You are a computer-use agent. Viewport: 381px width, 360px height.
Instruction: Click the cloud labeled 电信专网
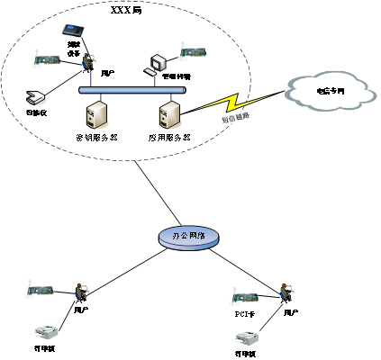[x=330, y=90]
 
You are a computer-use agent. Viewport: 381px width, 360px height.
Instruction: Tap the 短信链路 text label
[x=235, y=118]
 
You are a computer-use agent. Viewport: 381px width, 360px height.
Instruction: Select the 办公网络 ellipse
[x=188, y=236]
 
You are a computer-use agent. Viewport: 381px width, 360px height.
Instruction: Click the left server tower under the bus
[x=96, y=114]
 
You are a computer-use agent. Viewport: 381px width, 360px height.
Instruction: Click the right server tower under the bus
[x=170, y=114]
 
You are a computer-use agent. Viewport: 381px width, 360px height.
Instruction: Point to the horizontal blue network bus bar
[x=132, y=90]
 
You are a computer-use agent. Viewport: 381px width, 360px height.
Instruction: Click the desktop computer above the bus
[x=158, y=65]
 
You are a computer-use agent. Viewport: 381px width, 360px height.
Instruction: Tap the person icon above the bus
[x=89, y=61]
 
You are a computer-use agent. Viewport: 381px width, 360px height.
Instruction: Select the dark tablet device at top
[x=73, y=31]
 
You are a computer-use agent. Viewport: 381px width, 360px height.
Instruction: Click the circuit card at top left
[x=47, y=59]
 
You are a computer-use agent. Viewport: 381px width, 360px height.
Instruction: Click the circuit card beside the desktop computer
[x=193, y=51]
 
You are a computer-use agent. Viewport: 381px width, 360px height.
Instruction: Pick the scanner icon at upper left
[x=36, y=97]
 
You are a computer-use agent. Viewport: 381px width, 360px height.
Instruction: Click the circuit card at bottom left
[x=40, y=289]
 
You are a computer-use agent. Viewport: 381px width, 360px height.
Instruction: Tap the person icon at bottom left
[x=83, y=292]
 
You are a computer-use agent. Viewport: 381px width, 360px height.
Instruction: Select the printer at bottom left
[x=45, y=332]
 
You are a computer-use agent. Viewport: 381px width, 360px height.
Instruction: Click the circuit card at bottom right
[x=245, y=296]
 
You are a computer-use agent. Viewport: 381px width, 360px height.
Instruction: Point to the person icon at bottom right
[x=287, y=292]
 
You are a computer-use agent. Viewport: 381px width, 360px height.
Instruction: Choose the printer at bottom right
[x=247, y=337]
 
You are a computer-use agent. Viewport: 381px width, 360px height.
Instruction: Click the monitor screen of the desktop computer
[x=159, y=62]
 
